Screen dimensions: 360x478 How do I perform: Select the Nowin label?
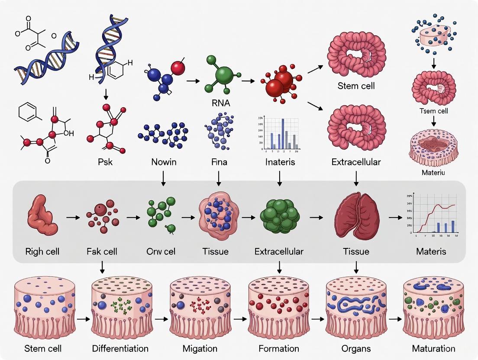tap(164, 162)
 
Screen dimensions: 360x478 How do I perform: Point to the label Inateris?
tap(280, 162)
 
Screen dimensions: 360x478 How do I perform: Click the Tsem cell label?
tap(434, 111)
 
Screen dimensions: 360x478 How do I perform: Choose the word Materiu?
tap(433, 173)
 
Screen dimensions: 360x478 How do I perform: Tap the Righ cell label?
tap(42, 251)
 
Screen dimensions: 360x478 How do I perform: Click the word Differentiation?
tap(120, 348)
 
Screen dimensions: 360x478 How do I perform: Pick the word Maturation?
tap(433, 348)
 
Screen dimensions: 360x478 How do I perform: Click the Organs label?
tap(356, 348)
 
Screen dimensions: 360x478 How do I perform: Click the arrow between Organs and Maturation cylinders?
tap(394, 319)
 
